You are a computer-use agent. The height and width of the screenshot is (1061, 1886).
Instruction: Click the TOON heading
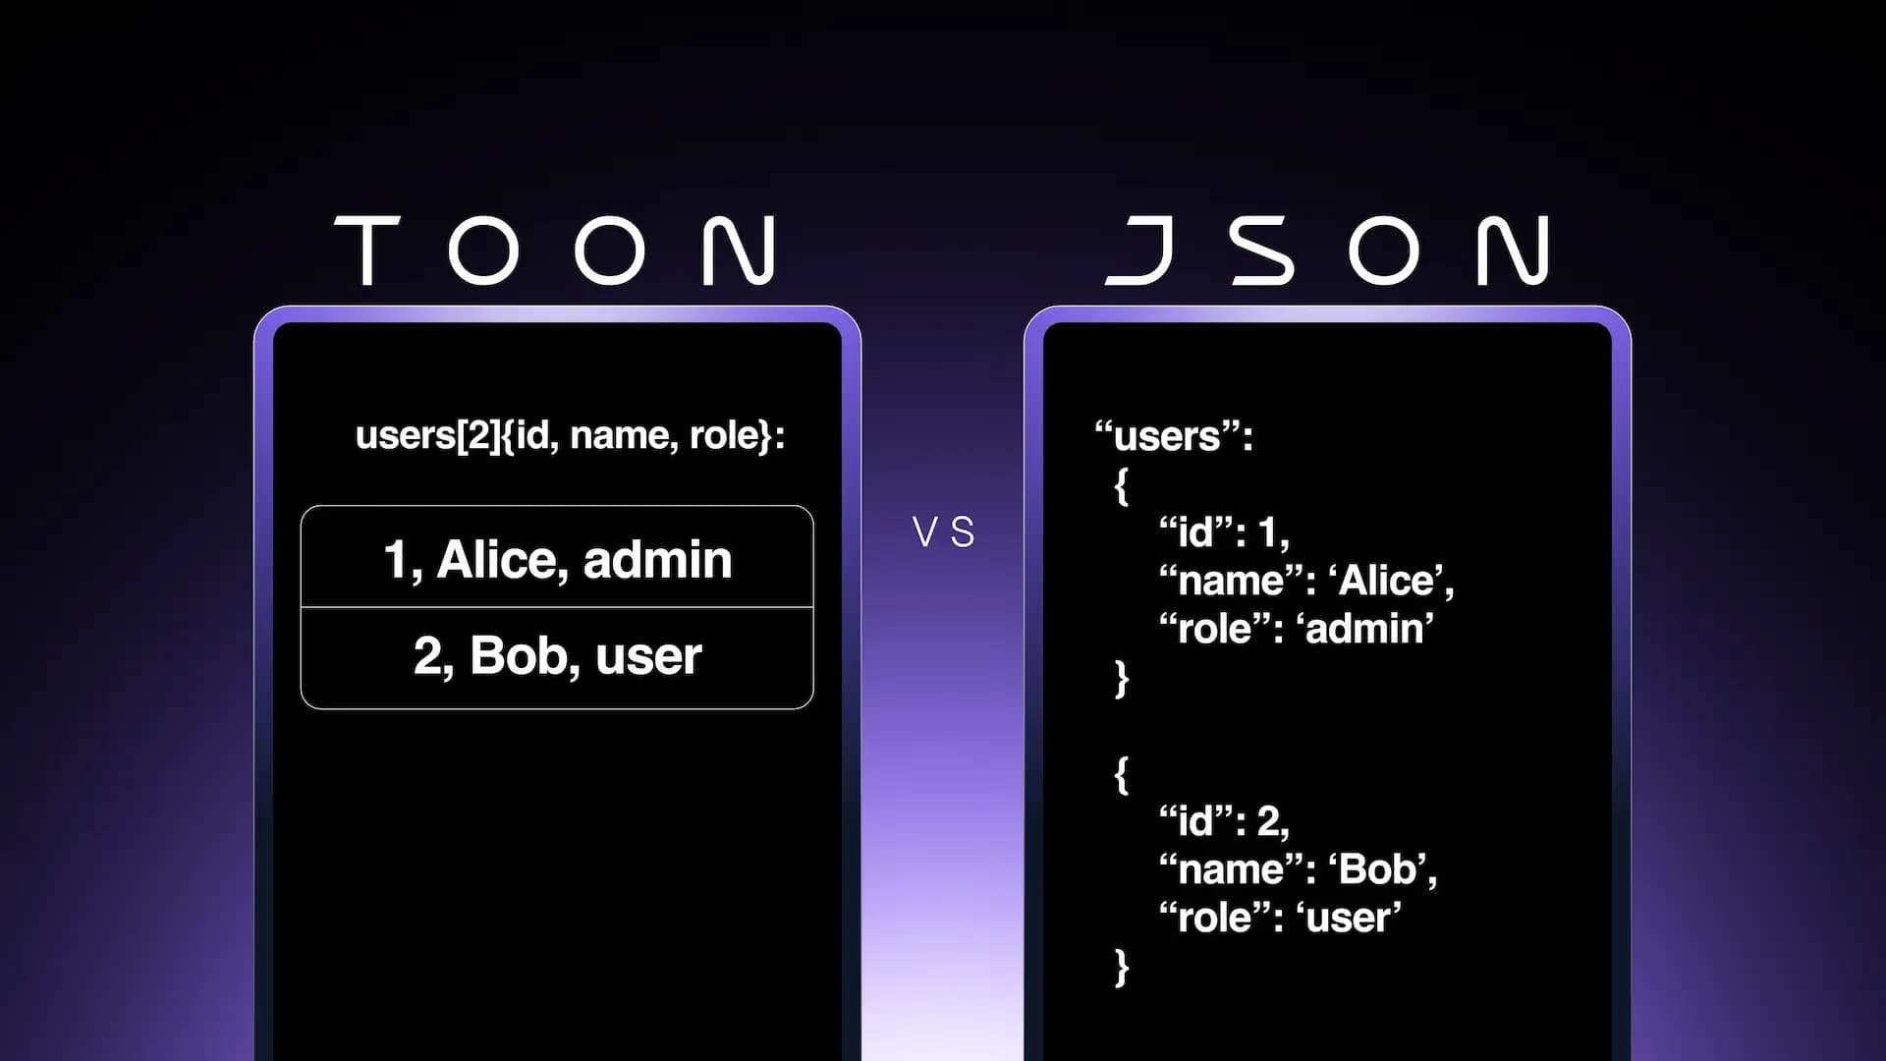[x=555, y=251]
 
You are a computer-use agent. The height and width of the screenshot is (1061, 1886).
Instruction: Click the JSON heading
[x=1327, y=251]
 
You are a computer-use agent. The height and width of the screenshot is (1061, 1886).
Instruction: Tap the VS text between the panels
[x=943, y=532]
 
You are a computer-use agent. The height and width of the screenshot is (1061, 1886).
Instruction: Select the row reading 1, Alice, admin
[x=557, y=558]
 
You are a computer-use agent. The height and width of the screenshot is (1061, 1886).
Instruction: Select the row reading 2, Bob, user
[x=557, y=657]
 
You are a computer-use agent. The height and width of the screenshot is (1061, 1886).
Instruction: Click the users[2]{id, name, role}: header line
[x=571, y=435]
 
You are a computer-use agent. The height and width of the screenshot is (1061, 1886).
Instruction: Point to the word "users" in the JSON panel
[x=1167, y=436]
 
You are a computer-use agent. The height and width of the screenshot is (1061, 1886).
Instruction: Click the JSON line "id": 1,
[x=1224, y=532]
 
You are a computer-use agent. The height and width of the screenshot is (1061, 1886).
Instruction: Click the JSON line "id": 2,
[x=1224, y=821]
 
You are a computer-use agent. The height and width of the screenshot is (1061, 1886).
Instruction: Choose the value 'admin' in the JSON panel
[x=1365, y=629]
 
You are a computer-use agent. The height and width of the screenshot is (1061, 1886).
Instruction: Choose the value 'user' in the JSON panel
[x=1349, y=918]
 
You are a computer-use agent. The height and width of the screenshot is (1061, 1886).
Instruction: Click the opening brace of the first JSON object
[x=1122, y=485]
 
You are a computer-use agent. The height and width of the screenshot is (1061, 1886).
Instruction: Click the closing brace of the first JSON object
[x=1122, y=678]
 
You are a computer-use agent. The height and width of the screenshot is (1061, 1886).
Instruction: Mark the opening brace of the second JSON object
[x=1122, y=774]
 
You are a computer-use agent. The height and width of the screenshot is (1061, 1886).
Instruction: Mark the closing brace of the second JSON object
[x=1122, y=967]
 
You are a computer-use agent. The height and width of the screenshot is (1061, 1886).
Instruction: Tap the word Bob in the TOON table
[x=523, y=656]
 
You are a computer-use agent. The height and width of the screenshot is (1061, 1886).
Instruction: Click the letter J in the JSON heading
[x=1139, y=251]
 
